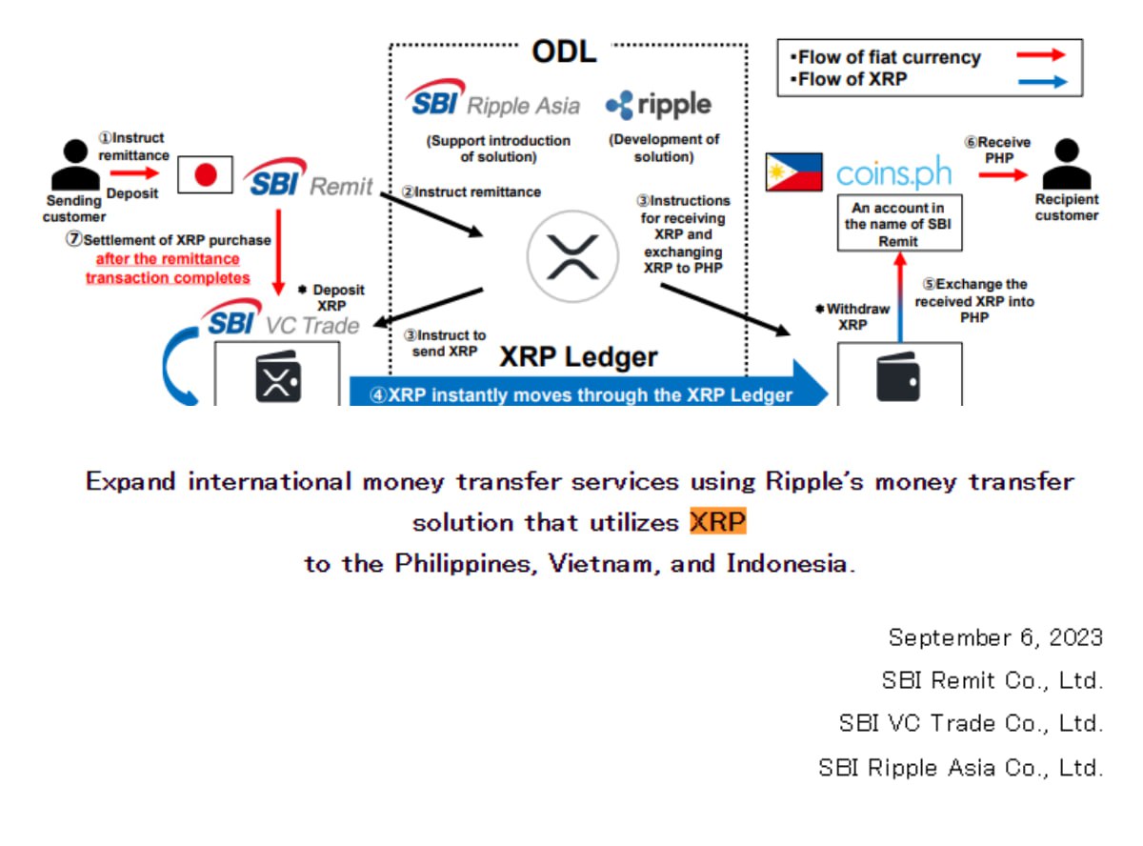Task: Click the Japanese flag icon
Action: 206,173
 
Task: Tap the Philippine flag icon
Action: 794,172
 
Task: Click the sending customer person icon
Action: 74,167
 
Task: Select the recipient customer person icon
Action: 1066,165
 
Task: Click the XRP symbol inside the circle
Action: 572,256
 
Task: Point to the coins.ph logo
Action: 892,173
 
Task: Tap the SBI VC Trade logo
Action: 282,322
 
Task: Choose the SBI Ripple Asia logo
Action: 493,100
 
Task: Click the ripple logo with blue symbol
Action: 658,104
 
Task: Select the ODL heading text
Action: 563,51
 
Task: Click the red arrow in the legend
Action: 1040,56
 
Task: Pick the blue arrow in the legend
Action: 1040,82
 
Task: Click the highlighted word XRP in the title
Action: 718,522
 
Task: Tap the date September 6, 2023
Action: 995,636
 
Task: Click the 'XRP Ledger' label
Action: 578,357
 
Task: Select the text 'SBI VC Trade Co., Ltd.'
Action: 971,723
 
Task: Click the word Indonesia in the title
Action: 787,563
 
